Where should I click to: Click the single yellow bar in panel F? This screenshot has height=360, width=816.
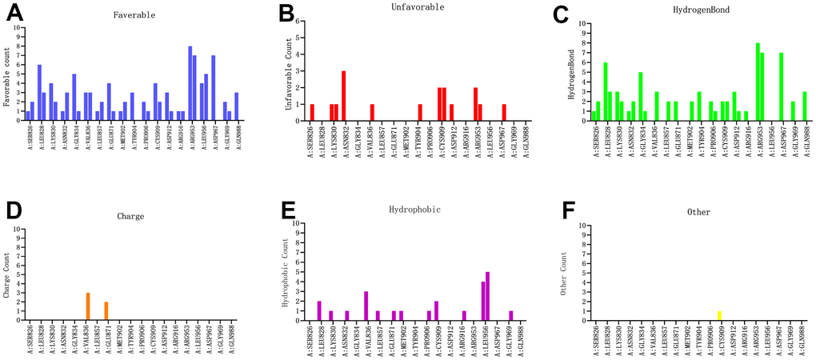tap(697, 315)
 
